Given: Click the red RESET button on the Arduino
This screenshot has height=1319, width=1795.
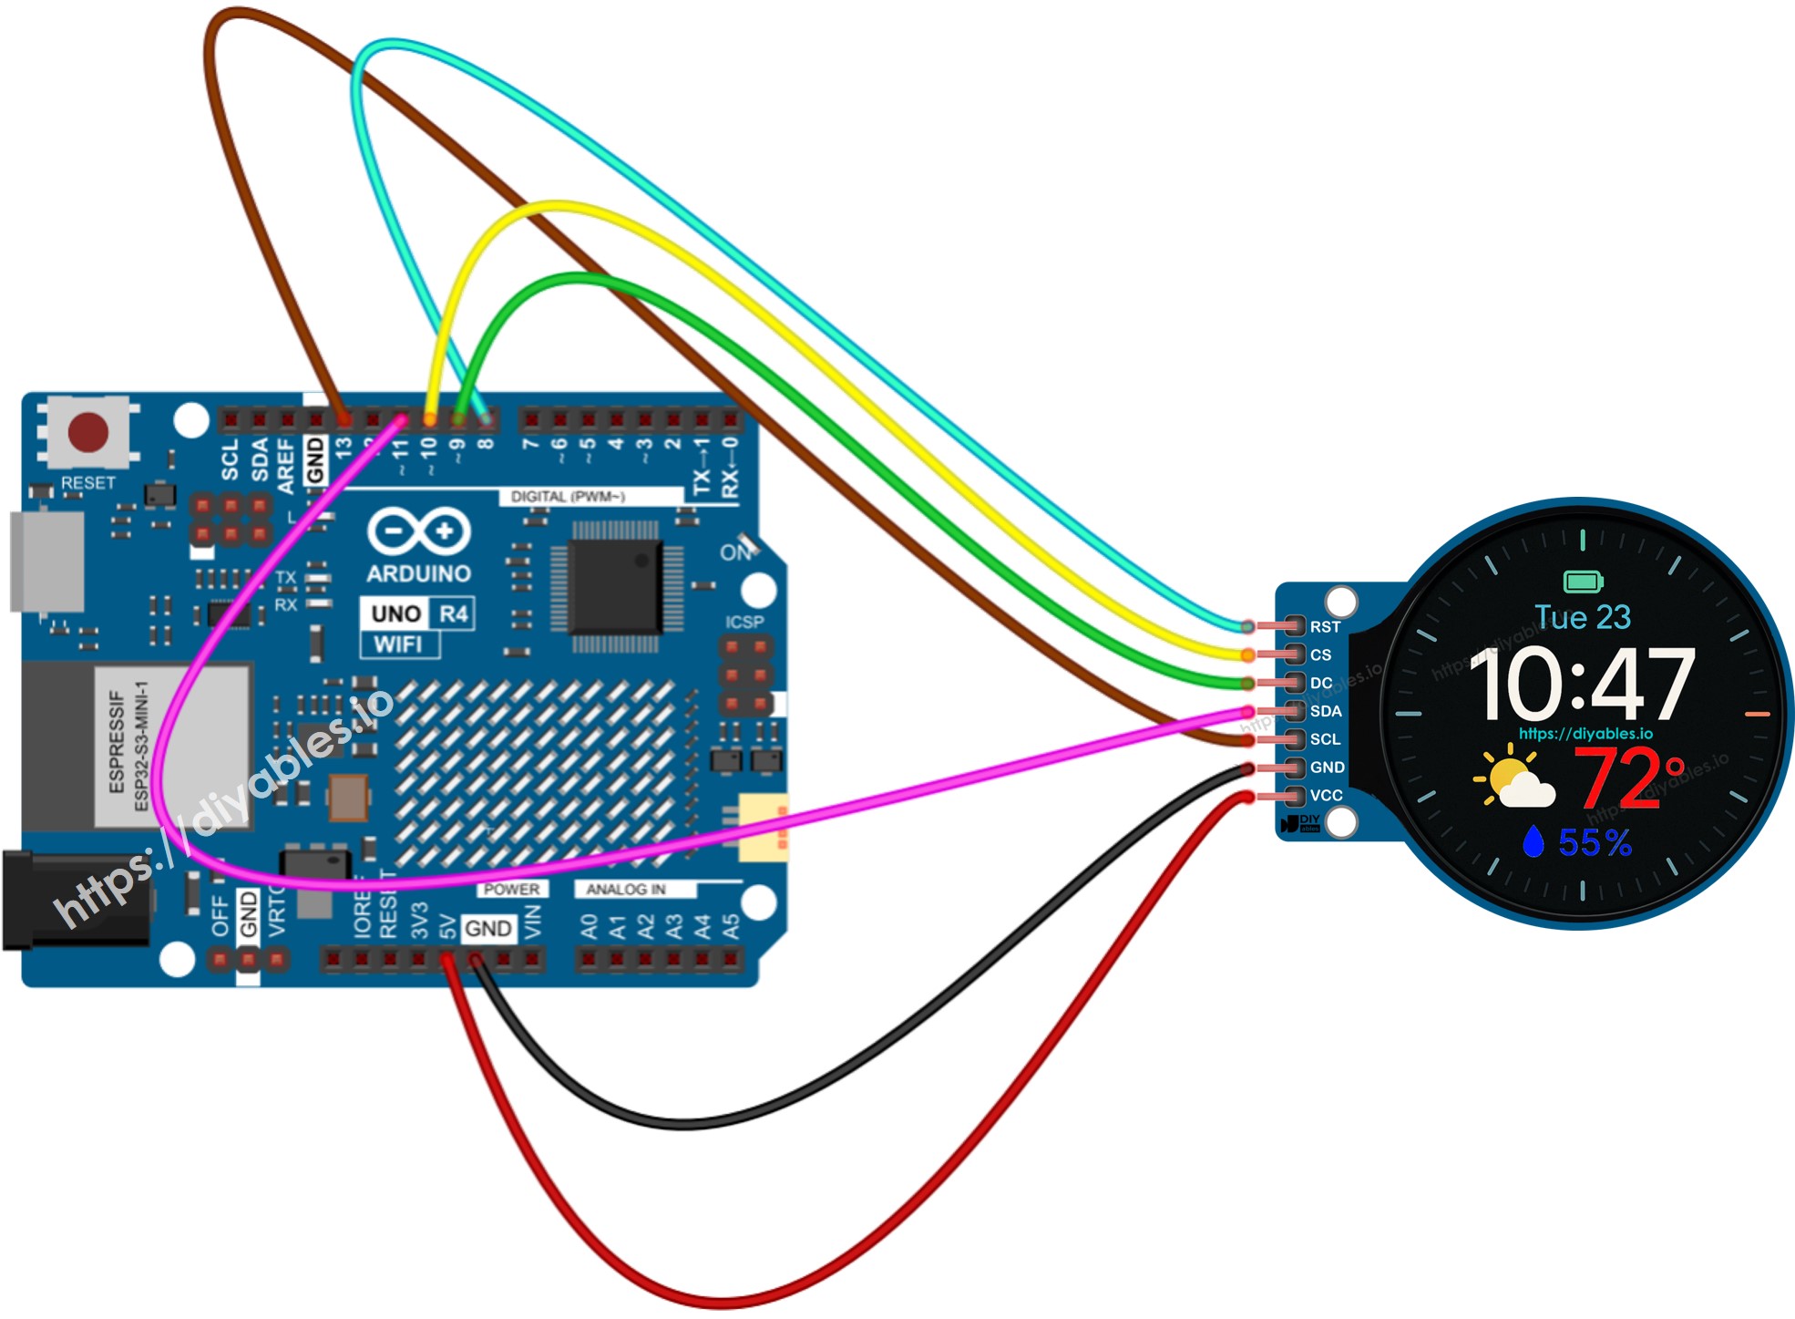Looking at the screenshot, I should tap(88, 432).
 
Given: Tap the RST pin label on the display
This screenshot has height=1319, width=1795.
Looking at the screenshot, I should tap(1325, 627).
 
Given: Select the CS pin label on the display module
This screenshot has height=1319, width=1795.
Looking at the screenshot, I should tap(1320, 655).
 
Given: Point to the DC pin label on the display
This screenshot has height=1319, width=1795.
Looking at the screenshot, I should tap(1321, 683).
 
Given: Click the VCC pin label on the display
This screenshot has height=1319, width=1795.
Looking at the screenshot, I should tap(1326, 796).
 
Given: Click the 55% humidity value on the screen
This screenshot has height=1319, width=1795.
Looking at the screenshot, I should tap(1594, 843).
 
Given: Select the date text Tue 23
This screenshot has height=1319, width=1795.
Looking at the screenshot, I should tap(1583, 617).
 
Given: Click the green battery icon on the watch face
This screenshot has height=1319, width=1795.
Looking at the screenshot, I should tap(1583, 581).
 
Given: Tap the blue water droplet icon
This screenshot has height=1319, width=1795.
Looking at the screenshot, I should tap(1533, 841).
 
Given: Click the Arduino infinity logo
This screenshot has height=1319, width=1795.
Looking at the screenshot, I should tap(418, 531).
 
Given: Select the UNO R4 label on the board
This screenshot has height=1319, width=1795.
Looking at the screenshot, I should tap(418, 613).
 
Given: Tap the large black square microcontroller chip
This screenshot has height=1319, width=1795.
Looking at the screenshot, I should tap(614, 586).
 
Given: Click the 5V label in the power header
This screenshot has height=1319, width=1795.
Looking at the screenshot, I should tap(447, 928).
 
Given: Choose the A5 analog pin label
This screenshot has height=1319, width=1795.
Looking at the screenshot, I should tap(731, 928).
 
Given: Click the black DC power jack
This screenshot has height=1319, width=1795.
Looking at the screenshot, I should tap(73, 900).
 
